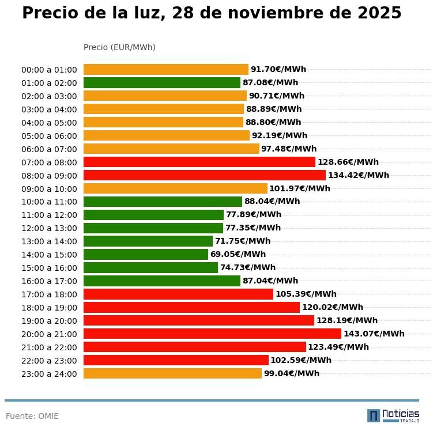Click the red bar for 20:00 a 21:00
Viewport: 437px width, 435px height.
click(x=212, y=334)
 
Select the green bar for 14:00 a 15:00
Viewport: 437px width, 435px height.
click(x=146, y=254)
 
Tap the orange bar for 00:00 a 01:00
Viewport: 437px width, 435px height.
click(x=165, y=69)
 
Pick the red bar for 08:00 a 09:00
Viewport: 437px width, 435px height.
click(x=204, y=175)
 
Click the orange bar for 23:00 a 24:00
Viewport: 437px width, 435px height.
click(x=172, y=373)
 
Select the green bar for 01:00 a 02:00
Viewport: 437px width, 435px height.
click(x=161, y=82)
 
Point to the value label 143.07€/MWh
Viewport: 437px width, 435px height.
click(x=374, y=334)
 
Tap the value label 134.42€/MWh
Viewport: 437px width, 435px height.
click(x=358, y=175)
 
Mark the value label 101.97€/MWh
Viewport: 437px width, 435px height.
click(x=300, y=188)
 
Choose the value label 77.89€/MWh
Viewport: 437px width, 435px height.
click(x=254, y=214)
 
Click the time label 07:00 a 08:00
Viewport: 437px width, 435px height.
click(x=49, y=162)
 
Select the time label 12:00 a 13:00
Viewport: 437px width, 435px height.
click(x=49, y=228)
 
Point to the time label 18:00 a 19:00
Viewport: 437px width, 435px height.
click(x=49, y=308)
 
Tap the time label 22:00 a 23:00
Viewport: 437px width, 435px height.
click(x=49, y=361)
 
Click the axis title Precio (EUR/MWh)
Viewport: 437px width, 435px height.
click(x=119, y=47)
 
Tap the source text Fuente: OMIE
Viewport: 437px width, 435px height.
click(x=32, y=416)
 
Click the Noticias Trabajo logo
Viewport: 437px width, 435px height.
click(x=393, y=415)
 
